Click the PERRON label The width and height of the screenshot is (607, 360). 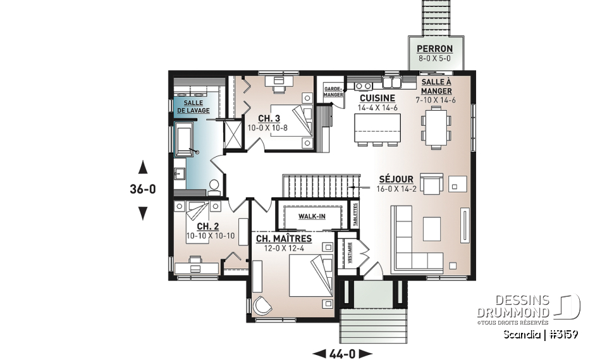434,49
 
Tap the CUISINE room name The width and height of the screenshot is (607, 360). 377,98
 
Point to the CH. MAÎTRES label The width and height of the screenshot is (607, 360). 284,239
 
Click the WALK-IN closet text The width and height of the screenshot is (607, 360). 312,216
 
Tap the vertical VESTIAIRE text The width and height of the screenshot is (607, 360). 349,252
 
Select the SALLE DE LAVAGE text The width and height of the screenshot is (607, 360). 193,106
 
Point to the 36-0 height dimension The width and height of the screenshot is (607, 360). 143,189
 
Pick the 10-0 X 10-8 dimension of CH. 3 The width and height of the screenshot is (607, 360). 268,127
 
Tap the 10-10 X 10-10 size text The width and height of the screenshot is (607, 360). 210,236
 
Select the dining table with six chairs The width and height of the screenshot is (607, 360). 436,126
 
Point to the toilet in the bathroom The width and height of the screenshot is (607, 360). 213,186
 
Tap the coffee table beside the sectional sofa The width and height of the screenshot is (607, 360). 432,227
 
